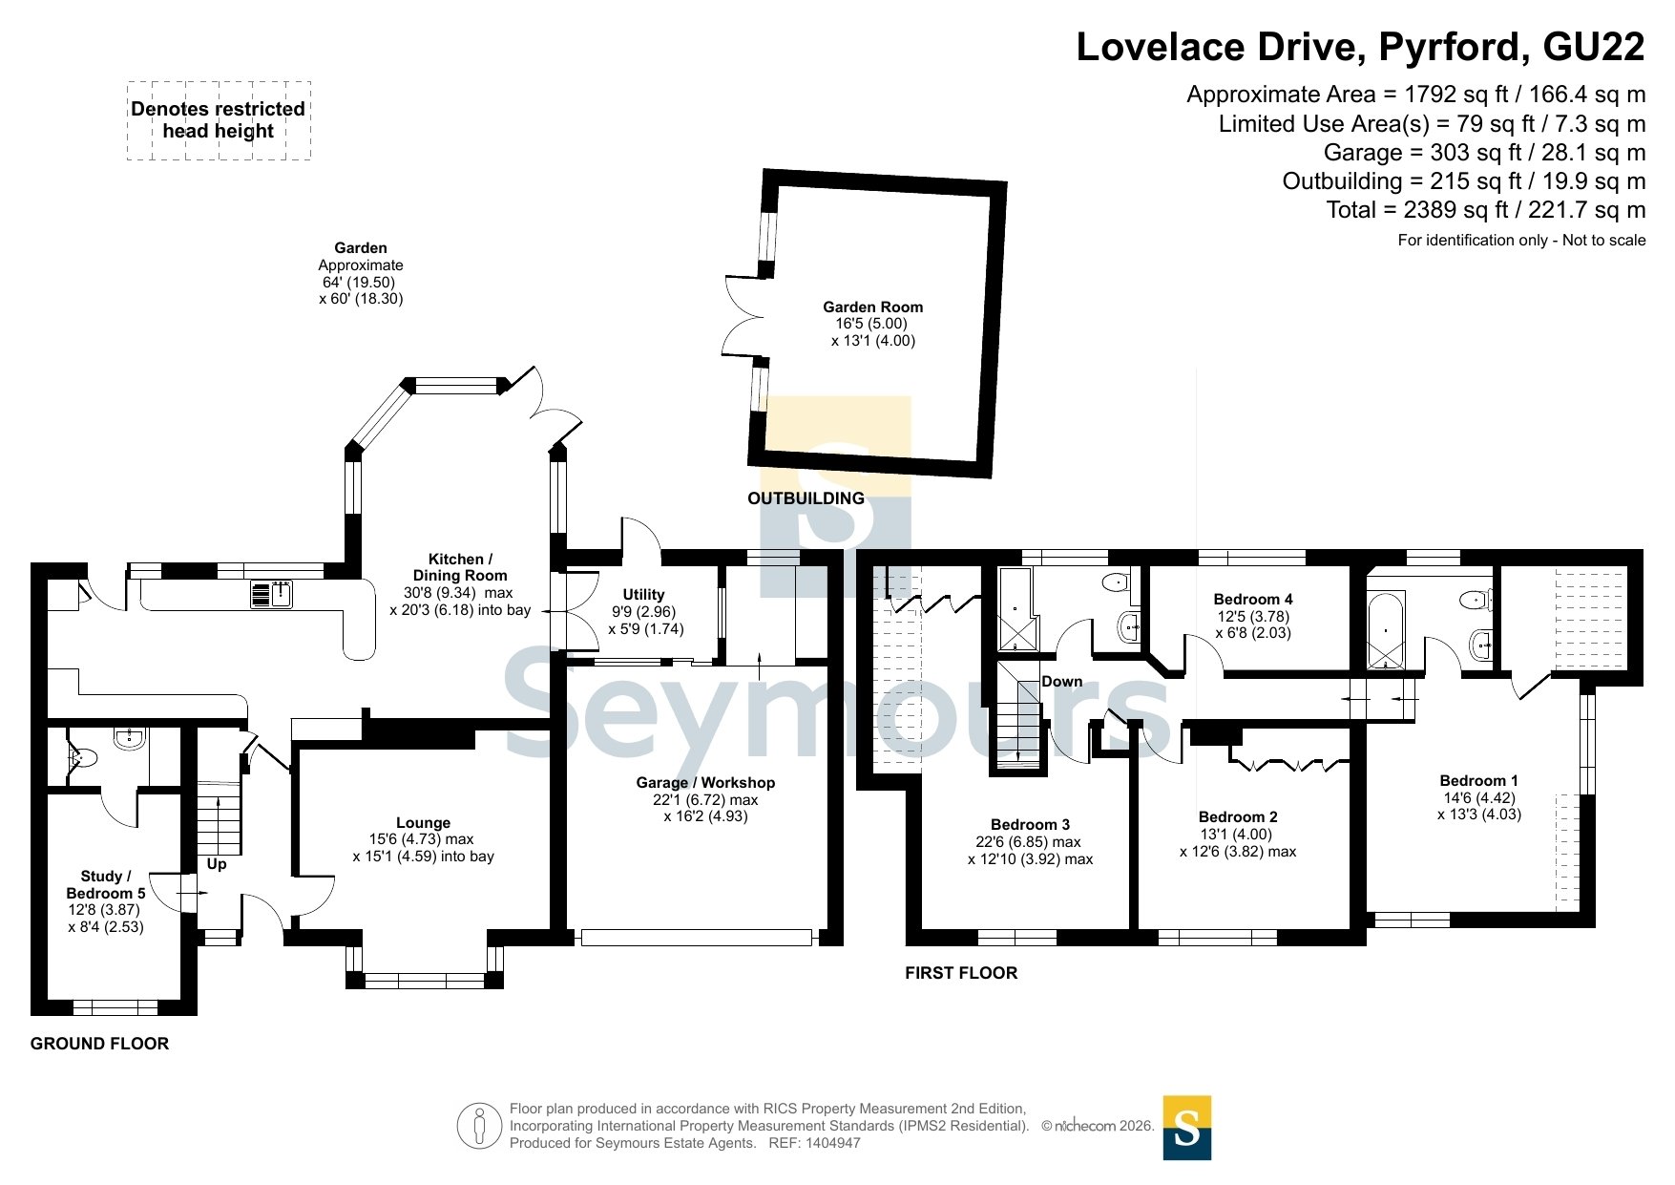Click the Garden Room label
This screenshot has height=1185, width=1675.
[x=873, y=307]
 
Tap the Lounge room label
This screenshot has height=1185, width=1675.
[x=423, y=823]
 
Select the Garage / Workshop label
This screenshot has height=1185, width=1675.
[x=705, y=783]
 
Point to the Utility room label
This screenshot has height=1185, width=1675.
[x=643, y=595]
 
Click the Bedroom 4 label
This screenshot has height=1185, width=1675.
[x=1253, y=600]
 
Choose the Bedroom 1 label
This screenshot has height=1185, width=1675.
[x=1478, y=781]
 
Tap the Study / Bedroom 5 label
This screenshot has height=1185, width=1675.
[x=106, y=885]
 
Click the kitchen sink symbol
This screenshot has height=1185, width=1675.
[x=272, y=594]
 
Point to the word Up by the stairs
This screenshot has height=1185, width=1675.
[x=217, y=864]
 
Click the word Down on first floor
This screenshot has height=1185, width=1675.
[x=1062, y=682]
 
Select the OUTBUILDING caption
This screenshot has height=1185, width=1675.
[x=806, y=498]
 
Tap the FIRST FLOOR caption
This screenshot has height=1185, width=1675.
[x=961, y=973]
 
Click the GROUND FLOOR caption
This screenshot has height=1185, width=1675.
[x=99, y=1044]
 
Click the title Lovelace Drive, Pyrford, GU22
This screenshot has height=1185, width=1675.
[x=1361, y=48]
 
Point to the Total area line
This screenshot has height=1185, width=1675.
[x=1486, y=210]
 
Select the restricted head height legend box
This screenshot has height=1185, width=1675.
[x=219, y=120]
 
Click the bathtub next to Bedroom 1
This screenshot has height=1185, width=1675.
[x=1386, y=630]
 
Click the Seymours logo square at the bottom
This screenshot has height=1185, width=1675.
[x=1186, y=1128]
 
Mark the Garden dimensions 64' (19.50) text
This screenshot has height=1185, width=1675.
[x=359, y=283]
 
